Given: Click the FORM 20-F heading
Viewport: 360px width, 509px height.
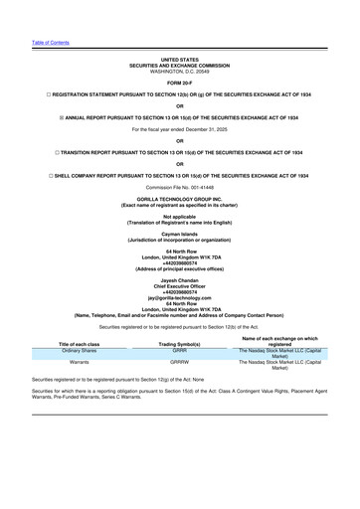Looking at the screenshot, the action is click(x=180, y=82).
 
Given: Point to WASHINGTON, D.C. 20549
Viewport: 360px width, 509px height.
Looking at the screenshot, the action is click(x=180, y=72).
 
